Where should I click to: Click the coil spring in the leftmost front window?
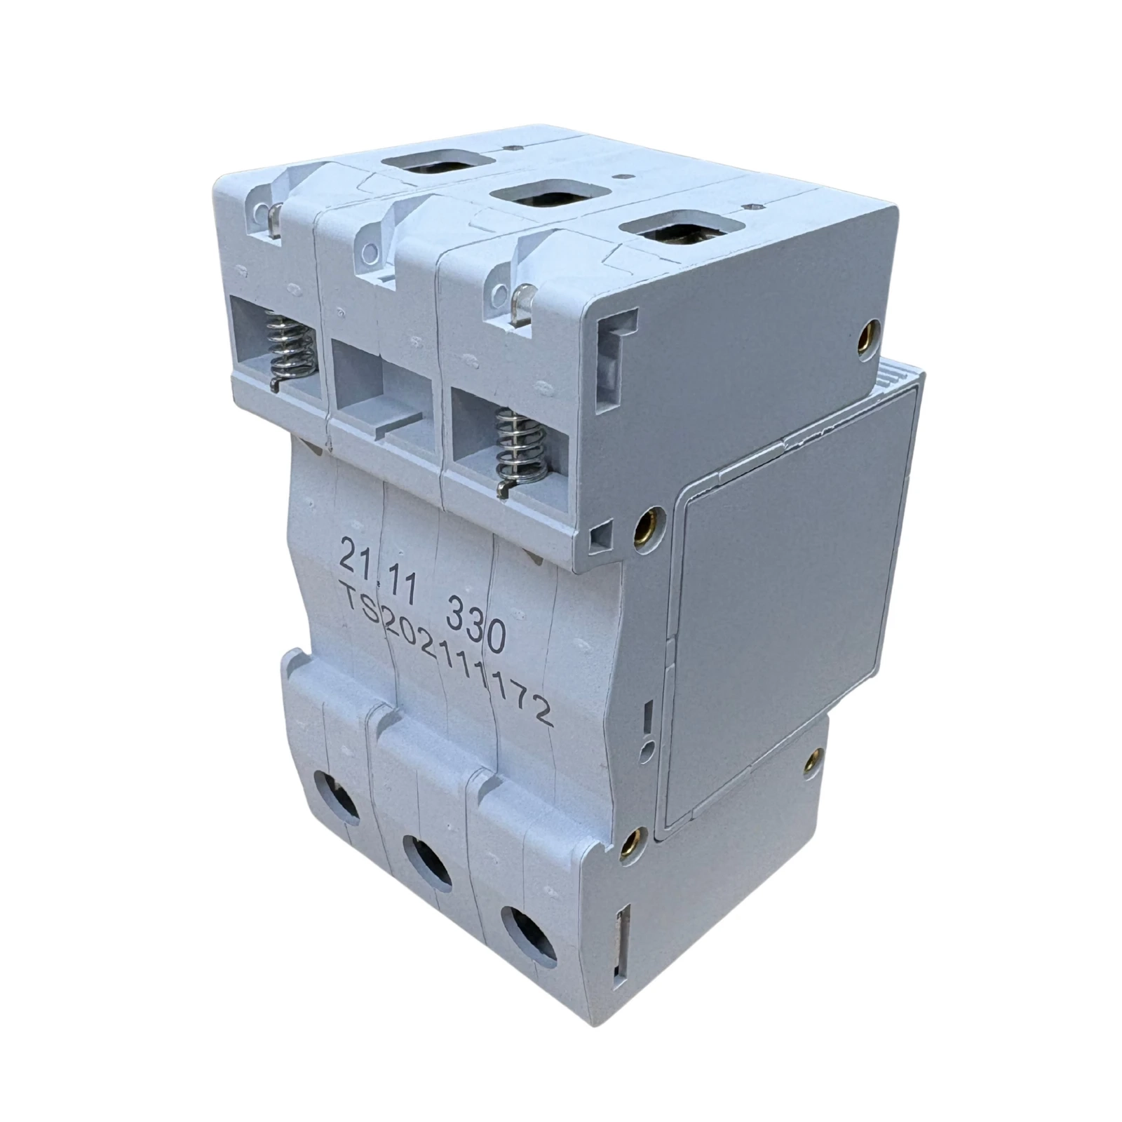pos(288,347)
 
